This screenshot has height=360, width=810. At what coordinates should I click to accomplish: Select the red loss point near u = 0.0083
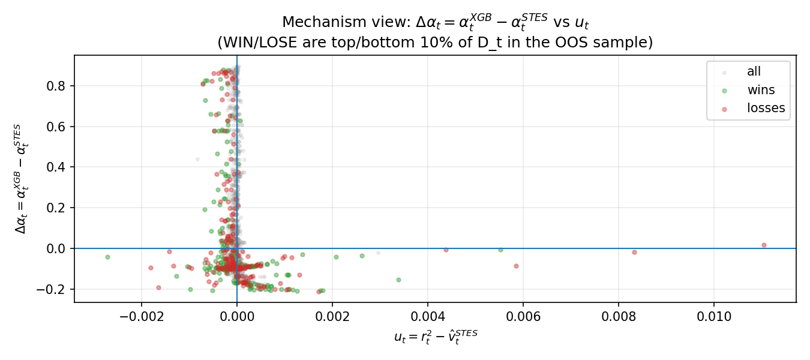click(x=634, y=252)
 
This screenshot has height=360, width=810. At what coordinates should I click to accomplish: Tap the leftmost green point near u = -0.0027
click(x=107, y=257)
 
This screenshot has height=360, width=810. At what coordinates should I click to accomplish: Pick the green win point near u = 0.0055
click(x=500, y=250)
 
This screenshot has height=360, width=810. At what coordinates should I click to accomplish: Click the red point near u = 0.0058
click(x=516, y=266)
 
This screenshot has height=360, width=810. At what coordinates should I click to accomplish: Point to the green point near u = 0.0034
click(x=398, y=280)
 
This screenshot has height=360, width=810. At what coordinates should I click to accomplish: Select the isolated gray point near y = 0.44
click(x=197, y=159)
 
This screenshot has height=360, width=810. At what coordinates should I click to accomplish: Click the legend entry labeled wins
click(x=761, y=90)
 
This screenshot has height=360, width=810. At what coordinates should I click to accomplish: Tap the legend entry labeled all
click(x=754, y=72)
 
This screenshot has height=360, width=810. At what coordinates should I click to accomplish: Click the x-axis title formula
click(x=436, y=337)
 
